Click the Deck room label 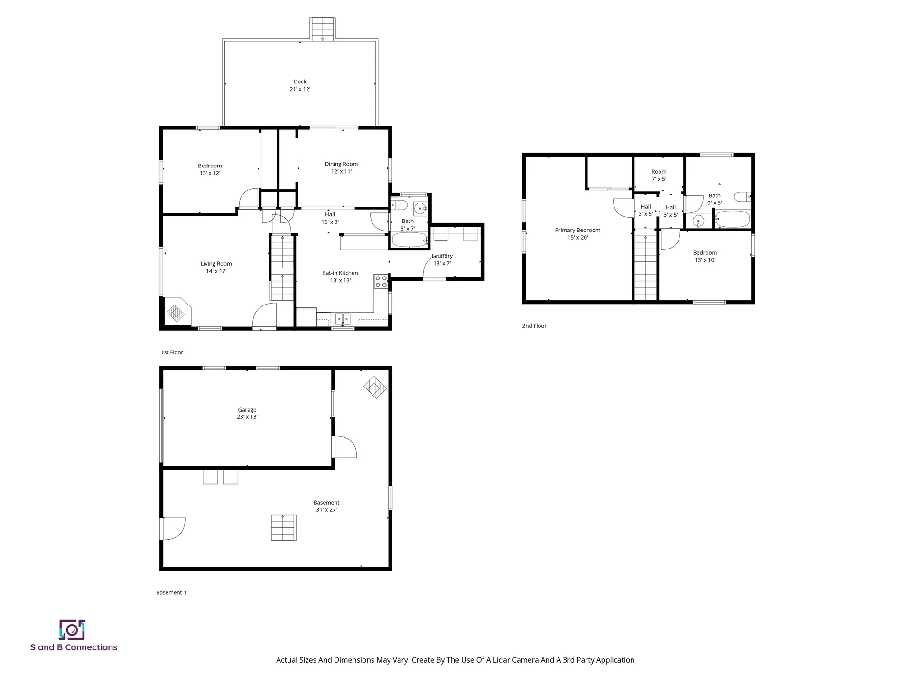tap(300, 85)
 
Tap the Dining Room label tap(341, 167)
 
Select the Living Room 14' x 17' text tap(216, 268)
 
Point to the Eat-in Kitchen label tap(340, 277)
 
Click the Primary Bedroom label tap(577, 234)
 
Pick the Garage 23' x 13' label tap(247, 413)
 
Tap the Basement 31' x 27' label tap(326, 506)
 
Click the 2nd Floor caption tap(534, 326)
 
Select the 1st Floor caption tap(172, 352)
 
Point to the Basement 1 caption tap(171, 592)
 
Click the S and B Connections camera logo tap(72, 630)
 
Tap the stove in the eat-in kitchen tap(381, 282)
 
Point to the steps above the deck tap(323, 29)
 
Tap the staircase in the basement tap(284, 527)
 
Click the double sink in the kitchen tap(343, 318)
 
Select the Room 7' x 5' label tap(659, 175)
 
